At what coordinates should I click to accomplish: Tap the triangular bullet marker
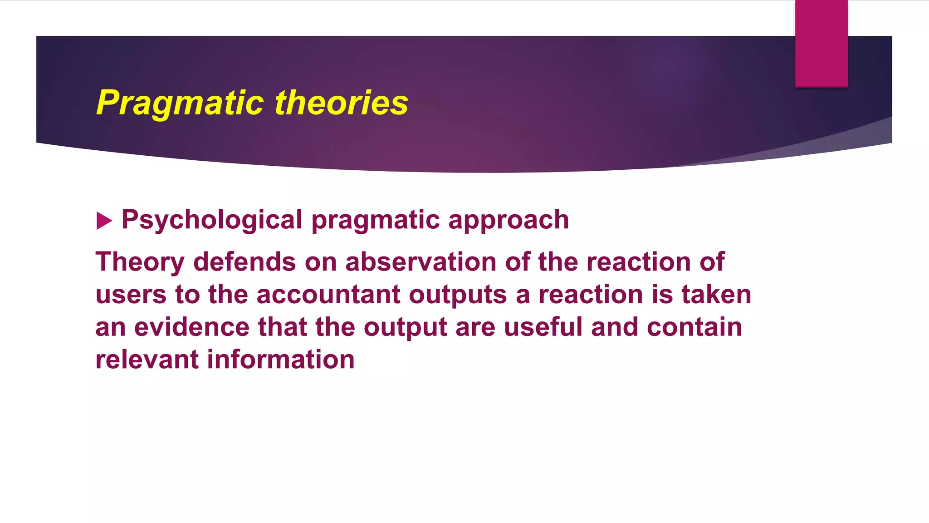tap(104, 221)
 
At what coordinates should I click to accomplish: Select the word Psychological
tap(212, 220)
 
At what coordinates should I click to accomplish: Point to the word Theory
tap(140, 262)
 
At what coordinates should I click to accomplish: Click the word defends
tap(244, 262)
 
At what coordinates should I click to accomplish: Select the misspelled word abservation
tap(420, 262)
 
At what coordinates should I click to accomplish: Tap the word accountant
tap(328, 295)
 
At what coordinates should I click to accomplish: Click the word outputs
tap(458, 295)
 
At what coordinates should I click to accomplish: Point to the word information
tap(281, 360)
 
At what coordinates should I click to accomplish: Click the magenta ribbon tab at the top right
tap(821, 43)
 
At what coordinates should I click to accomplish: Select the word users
tap(131, 295)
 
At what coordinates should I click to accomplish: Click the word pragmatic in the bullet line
tap(375, 220)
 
